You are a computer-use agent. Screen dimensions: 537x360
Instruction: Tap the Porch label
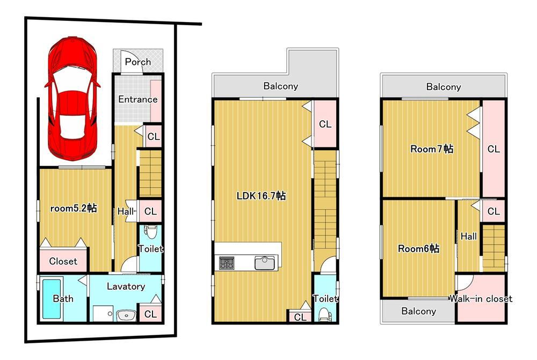coord(137,62)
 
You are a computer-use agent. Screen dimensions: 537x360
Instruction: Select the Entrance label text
coord(137,99)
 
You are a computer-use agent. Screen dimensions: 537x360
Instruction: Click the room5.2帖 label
coord(73,208)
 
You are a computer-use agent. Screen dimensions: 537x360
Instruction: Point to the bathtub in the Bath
coord(52,298)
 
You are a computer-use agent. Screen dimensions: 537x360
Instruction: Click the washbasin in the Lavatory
coord(126,314)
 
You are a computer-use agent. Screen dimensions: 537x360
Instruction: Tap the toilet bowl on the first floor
coord(150,232)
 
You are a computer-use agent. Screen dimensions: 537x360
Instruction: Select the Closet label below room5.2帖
coord(63,261)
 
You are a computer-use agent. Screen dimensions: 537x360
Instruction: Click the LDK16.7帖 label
coord(262,196)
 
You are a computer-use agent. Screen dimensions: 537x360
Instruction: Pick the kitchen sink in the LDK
coord(264,263)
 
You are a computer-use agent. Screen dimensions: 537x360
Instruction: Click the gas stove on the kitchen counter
coord(227,263)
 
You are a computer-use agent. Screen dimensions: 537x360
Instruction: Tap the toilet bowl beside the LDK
coord(324,314)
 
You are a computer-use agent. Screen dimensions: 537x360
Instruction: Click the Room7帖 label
coord(432,149)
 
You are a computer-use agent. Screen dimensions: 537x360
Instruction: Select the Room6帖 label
coord(418,248)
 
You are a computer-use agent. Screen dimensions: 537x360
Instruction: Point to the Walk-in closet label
coord(481,299)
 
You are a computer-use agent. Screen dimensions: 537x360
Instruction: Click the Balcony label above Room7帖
coord(444,87)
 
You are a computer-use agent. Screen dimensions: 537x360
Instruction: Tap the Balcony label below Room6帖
coord(418,311)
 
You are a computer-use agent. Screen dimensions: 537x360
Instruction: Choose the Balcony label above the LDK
coord(280,86)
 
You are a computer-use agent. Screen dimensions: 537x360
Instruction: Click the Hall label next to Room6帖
coord(468,236)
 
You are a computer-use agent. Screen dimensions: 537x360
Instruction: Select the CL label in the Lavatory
coord(150,314)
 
